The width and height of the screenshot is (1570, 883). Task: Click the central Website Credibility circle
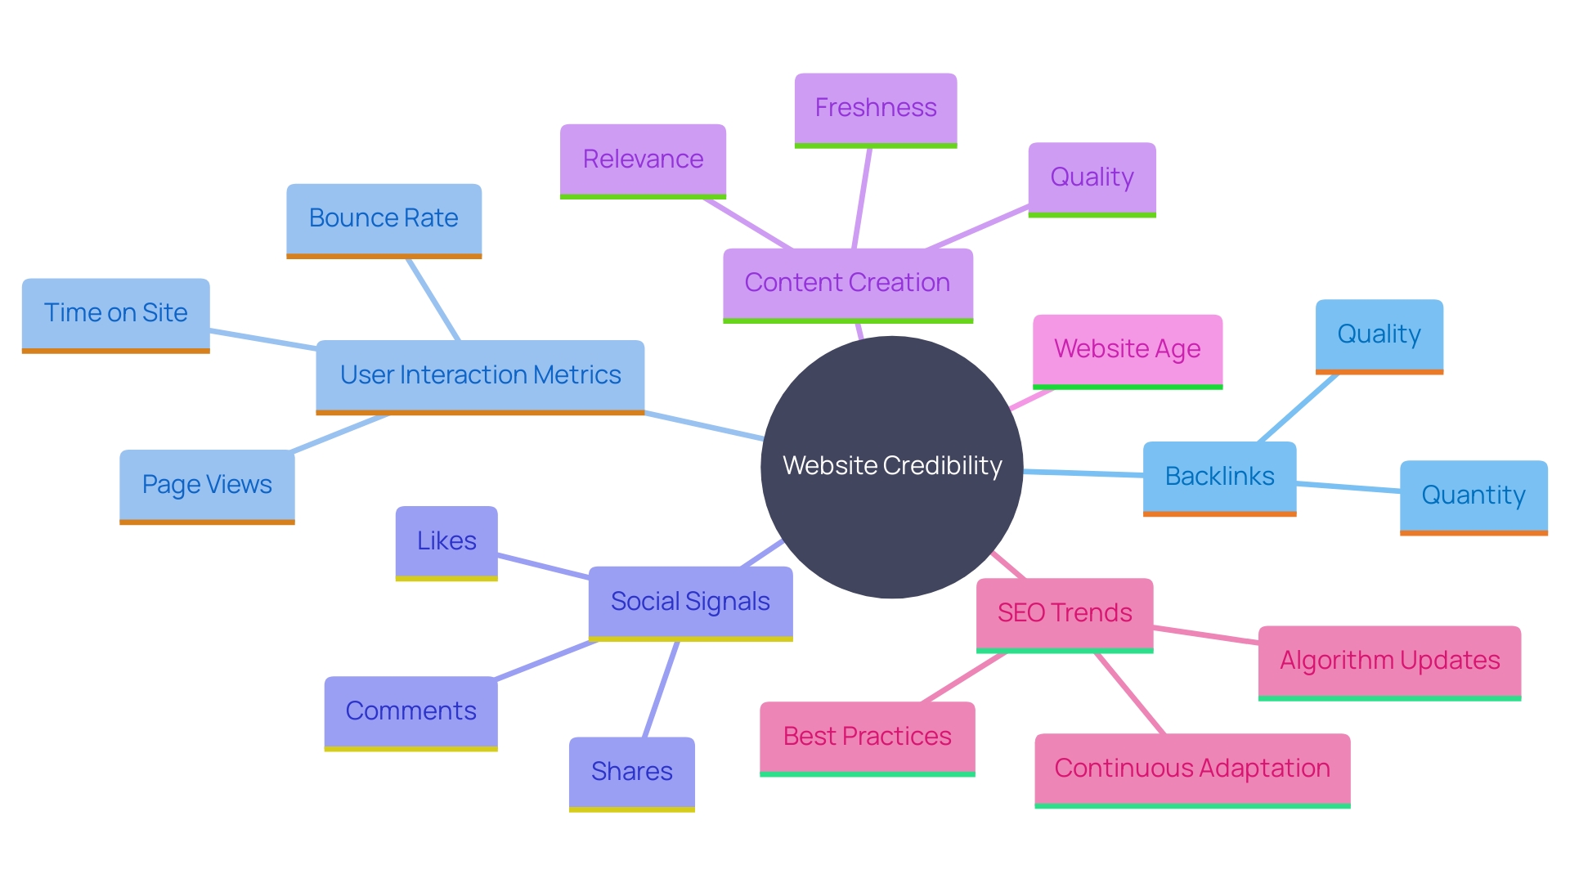[x=891, y=466]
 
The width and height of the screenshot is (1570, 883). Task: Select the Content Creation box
[x=847, y=284]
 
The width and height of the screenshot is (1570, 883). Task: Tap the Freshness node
[x=875, y=109]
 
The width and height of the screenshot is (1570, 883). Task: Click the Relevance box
[x=643, y=159]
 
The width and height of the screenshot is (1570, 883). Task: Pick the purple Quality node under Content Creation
[x=1092, y=178]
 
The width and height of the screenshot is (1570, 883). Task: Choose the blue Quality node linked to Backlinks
[x=1379, y=335]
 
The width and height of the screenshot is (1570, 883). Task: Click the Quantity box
[x=1473, y=496]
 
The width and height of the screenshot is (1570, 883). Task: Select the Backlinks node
[x=1219, y=477]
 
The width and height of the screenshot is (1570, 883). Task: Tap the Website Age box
[x=1127, y=350]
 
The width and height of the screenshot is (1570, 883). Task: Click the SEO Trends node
[x=1064, y=613]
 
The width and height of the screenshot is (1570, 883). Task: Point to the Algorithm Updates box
[x=1388, y=661]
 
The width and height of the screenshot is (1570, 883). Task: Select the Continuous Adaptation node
[x=1191, y=769]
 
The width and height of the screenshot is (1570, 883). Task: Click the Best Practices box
[x=867, y=737]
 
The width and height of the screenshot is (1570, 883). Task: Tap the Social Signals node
[x=690, y=603]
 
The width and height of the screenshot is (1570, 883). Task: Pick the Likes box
[x=446, y=542]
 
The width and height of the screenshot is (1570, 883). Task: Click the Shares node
[x=631, y=773]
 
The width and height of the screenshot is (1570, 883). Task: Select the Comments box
[x=410, y=712]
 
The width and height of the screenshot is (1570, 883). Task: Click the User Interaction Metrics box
[x=480, y=376]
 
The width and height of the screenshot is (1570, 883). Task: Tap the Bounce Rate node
[x=384, y=219]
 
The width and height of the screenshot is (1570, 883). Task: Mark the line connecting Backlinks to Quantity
[x=1348, y=487]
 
